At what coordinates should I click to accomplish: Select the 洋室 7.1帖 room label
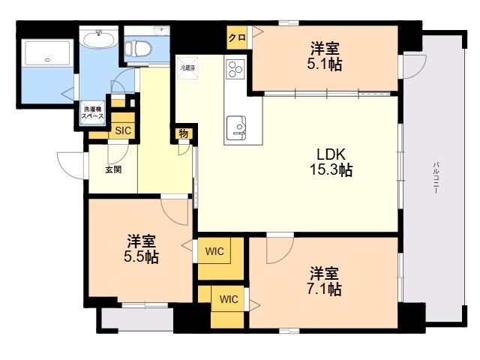click(325, 280)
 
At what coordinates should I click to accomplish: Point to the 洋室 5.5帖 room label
click(140, 249)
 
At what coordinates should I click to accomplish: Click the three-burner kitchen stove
click(235, 70)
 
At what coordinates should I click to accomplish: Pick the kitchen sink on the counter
click(237, 125)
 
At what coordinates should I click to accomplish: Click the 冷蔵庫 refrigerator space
click(187, 67)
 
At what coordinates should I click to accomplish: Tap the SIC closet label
click(122, 131)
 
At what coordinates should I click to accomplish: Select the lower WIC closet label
click(229, 300)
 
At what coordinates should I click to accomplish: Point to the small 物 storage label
click(183, 134)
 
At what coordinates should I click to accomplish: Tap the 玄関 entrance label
click(112, 169)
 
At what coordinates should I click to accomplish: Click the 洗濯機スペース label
click(94, 115)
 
